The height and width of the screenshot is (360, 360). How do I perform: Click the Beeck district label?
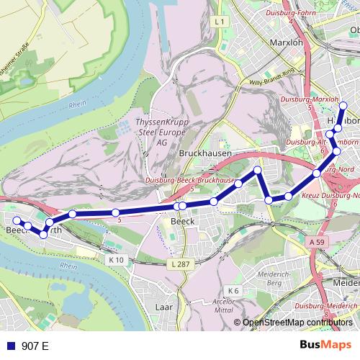tap(183, 222)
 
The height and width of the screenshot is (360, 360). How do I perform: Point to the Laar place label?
tap(165, 307)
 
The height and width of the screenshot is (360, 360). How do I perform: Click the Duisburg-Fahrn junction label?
tap(292, 12)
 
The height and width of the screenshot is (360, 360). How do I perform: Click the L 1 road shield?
tap(220, 22)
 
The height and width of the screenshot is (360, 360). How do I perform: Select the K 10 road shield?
tap(117, 260)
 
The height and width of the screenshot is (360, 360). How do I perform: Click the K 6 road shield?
tap(235, 291)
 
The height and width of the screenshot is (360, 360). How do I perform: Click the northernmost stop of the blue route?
tap(343, 106)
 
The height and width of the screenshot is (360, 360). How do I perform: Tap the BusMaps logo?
tap(325, 346)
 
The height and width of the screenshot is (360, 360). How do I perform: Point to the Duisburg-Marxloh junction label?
tap(310, 98)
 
